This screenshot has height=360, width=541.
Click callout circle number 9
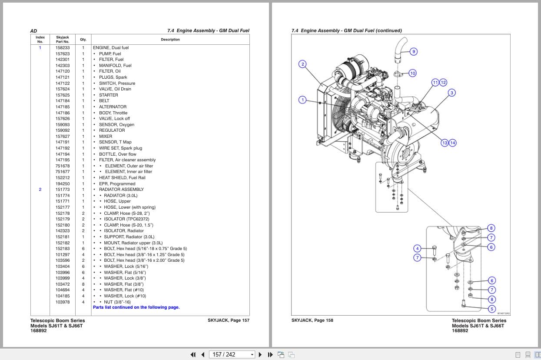413,52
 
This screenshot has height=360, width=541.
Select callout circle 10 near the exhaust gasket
412,73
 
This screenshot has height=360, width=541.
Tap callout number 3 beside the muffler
451,93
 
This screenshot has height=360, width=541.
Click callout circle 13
445,143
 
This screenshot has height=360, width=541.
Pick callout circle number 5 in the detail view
491,309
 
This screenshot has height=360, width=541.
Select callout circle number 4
417,249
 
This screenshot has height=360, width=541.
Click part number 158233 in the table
62,48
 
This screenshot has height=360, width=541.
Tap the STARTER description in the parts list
108,95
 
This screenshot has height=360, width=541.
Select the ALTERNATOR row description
113,107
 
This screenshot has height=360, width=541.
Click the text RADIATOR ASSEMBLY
121,190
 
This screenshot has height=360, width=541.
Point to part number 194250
62,183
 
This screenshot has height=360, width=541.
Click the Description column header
170,40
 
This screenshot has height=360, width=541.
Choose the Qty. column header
83,40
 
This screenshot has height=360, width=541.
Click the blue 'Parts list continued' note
136,307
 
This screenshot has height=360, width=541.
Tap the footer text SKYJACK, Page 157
228,320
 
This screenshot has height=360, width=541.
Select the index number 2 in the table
40,190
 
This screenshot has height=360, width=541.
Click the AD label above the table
33,31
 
